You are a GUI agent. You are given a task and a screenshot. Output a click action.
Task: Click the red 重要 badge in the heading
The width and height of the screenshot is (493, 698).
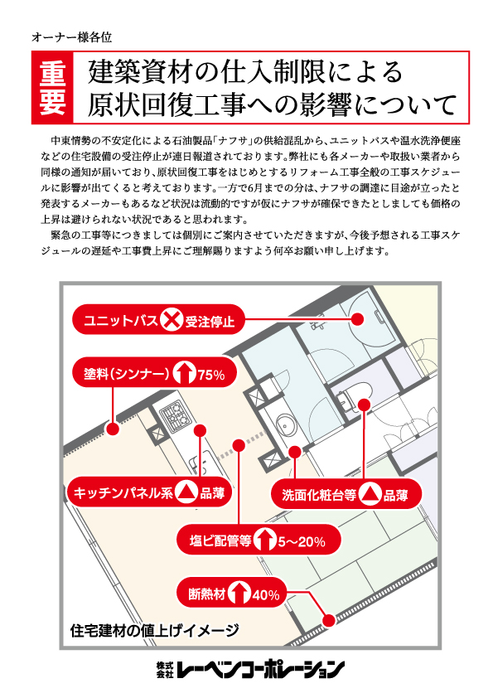pos(52,87)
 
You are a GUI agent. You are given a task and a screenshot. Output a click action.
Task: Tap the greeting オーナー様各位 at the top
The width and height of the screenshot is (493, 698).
pos(71,37)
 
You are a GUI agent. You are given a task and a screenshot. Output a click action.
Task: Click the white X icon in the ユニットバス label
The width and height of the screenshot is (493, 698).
pos(171,319)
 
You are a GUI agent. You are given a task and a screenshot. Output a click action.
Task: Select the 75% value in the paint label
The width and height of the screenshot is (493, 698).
pos(211,375)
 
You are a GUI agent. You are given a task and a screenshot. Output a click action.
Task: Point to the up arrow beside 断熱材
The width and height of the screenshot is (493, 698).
pos(239,594)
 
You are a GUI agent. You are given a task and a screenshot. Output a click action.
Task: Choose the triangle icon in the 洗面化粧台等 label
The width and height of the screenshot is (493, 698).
pos(370,495)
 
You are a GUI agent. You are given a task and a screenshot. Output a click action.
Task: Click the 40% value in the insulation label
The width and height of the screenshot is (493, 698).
pos(266,594)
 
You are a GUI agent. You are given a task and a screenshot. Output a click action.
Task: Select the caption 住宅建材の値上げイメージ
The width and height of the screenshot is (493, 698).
pos(154,630)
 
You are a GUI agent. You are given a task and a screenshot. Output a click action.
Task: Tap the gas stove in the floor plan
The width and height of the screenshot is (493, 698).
pos(176,416)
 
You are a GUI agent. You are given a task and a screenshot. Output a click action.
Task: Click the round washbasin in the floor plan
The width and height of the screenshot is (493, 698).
pos(283,424)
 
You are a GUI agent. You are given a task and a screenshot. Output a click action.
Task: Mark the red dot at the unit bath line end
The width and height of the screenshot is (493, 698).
pos(357,318)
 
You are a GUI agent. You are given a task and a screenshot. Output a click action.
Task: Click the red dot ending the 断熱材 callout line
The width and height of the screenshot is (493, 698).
pos(329,620)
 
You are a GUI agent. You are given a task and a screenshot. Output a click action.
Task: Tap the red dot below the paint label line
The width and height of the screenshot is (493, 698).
pos(113,429)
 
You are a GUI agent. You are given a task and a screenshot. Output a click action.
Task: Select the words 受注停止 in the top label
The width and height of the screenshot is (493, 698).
pos(210,320)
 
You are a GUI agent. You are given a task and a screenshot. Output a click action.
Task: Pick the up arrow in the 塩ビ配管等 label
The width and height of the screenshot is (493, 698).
pos(265,540)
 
